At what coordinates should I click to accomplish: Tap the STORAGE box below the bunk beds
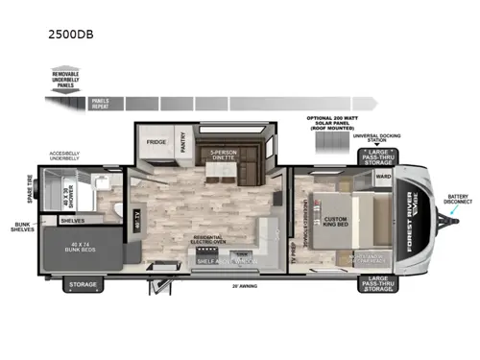(82, 285)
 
